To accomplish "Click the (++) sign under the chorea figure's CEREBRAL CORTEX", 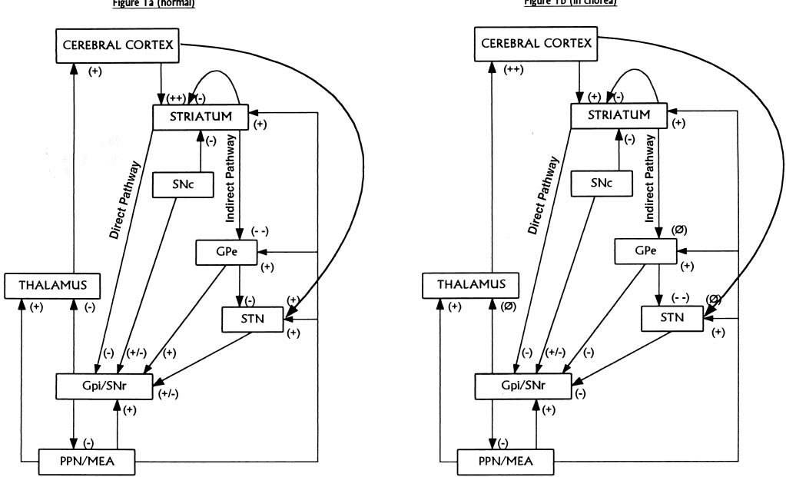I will click(x=516, y=70).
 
